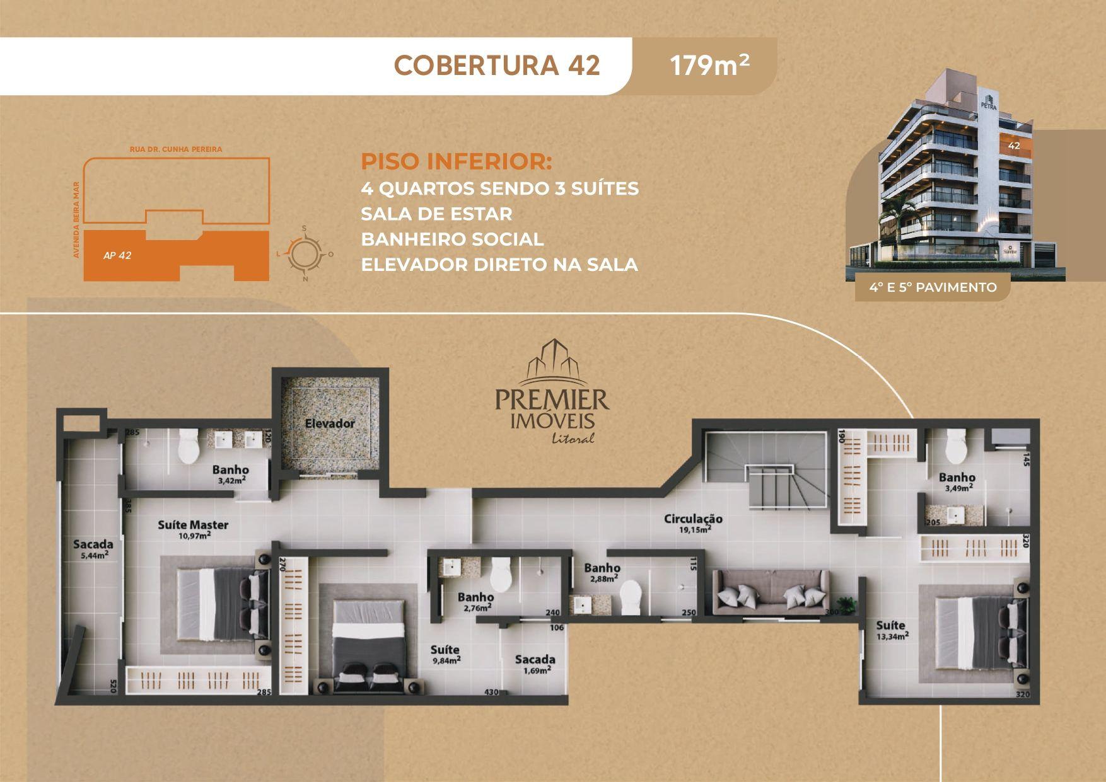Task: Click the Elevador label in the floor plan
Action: click(330, 423)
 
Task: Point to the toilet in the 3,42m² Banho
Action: click(189, 446)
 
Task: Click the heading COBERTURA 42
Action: click(497, 66)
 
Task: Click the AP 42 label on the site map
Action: click(117, 256)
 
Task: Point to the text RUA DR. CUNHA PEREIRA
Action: click(175, 149)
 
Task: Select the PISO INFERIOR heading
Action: click(456, 161)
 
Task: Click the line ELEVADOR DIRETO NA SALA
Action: click(499, 265)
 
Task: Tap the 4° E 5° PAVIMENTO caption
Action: click(933, 287)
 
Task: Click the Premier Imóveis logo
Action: click(552, 391)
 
